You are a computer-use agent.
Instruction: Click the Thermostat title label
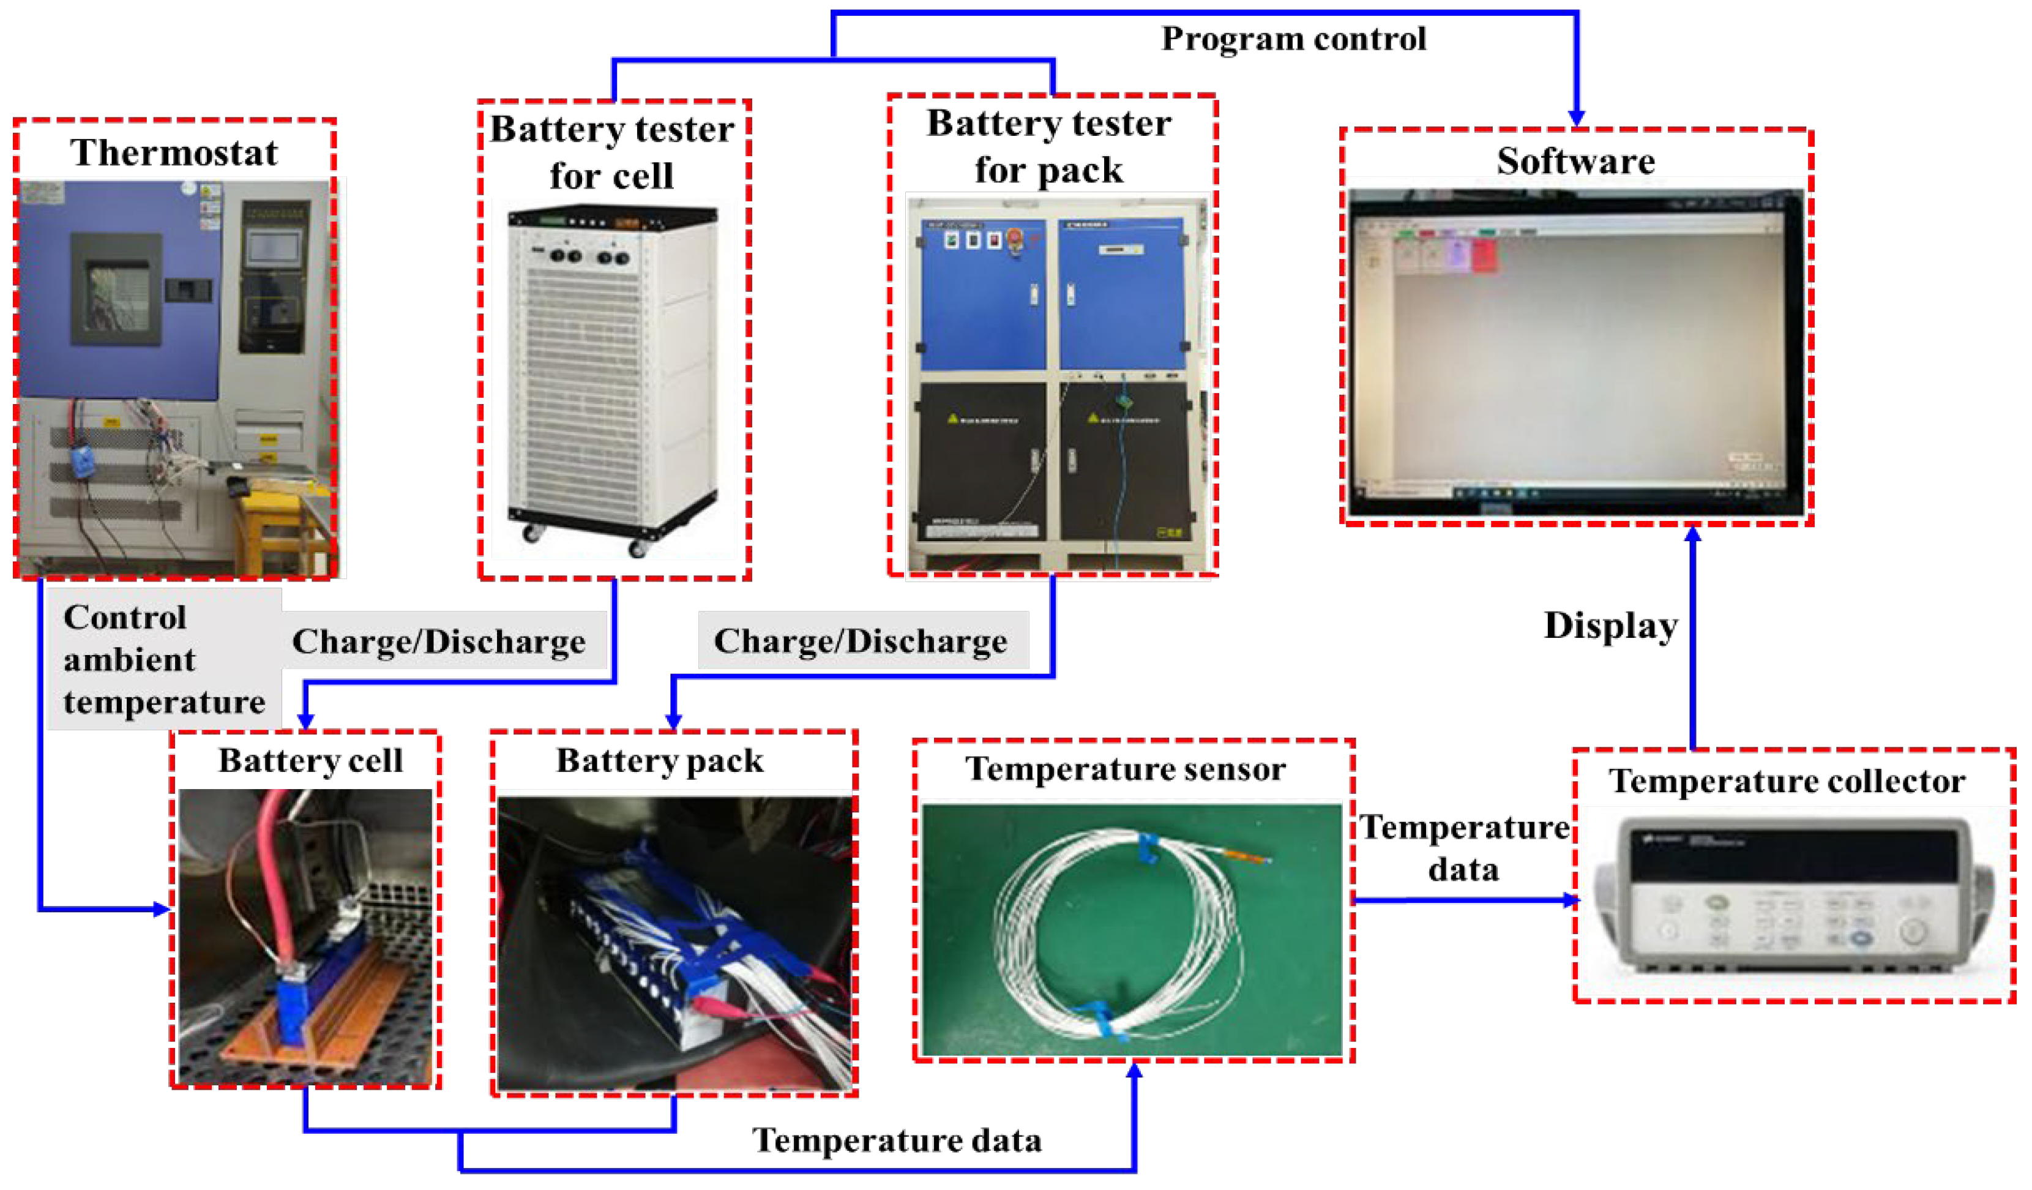(x=173, y=152)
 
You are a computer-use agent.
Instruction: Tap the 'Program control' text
(x=1293, y=39)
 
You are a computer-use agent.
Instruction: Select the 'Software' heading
(x=1575, y=160)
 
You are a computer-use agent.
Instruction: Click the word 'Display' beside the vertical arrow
(x=1610, y=626)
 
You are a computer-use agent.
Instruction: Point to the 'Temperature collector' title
(x=1786, y=781)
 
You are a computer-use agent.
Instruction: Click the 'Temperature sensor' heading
(x=1125, y=769)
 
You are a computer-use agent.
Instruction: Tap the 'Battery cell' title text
(x=310, y=761)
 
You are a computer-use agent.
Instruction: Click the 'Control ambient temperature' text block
(x=163, y=659)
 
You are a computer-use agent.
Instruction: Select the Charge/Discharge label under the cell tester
(x=439, y=642)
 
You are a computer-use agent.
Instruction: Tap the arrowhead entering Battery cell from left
(x=160, y=910)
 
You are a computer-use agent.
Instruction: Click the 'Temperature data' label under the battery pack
(x=896, y=1140)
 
